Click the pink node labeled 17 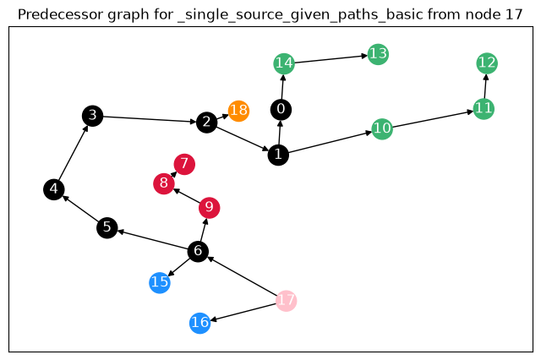pos(286,301)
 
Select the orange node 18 pos(238,111)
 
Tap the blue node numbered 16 pos(200,323)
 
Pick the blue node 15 pos(160,283)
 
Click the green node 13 pos(378,54)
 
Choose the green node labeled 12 pos(487,63)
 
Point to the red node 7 pos(184,164)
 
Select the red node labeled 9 pos(210,208)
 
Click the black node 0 pos(281,110)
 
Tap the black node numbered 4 pos(54,189)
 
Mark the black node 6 pos(198,251)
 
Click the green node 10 pos(382,129)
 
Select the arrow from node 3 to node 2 pos(150,119)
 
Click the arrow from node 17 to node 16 pos(243,312)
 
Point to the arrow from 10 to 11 pos(433,119)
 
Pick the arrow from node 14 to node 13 pos(331,59)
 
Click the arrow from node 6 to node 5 pos(152,239)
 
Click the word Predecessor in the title pos(60,15)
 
